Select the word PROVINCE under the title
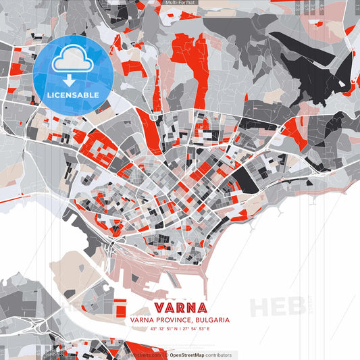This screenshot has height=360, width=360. [170, 319]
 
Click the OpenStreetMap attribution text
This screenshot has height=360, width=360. [191, 355]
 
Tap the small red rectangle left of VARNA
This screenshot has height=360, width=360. [121, 307]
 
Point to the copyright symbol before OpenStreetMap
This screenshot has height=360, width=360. [165, 355]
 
